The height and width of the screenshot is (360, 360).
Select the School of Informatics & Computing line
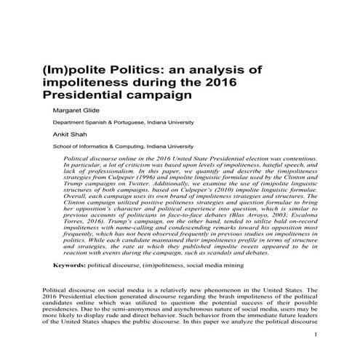point(124,145)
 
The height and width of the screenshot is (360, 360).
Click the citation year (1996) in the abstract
point(161,180)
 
